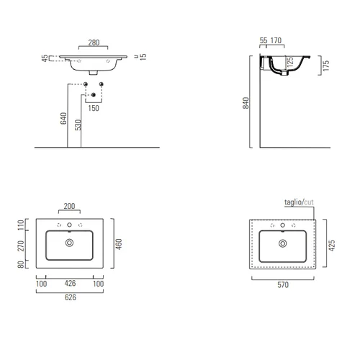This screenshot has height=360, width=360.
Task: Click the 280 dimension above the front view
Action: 94,42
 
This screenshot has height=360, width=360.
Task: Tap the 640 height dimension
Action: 63,118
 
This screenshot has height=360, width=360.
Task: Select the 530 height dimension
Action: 78,125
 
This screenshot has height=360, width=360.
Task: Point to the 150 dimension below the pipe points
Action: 94,108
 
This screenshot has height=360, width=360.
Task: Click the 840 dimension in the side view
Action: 246,103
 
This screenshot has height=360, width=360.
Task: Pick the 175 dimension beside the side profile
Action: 326,66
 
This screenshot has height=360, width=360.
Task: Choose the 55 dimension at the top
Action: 264,40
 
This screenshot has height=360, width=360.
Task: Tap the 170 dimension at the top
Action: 276,40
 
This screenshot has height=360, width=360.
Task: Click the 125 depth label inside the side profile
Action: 290,62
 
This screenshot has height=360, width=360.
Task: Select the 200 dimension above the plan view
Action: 69,206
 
